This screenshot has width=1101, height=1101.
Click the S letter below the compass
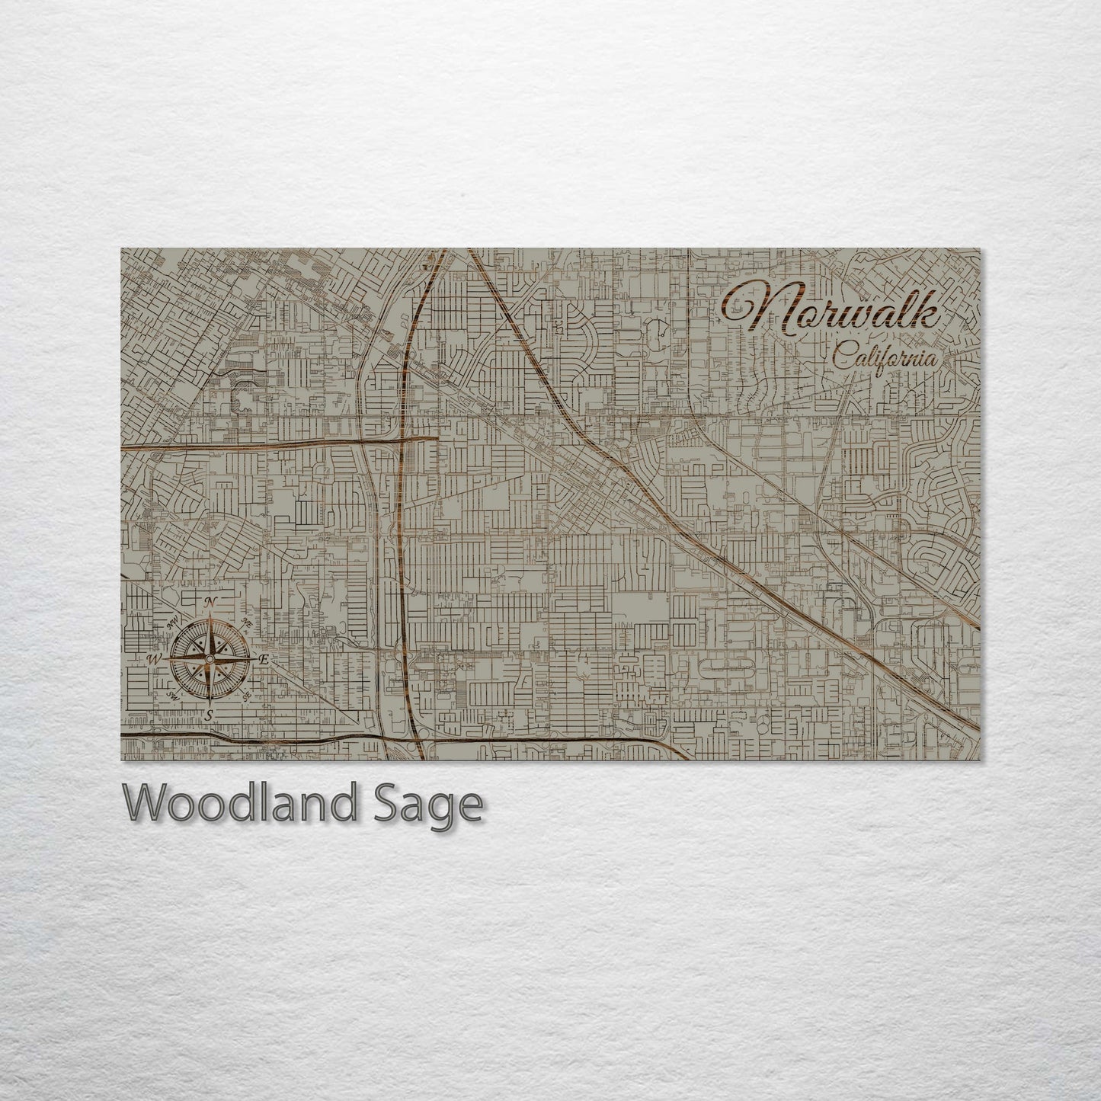click(207, 714)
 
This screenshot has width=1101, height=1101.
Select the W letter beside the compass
click(153, 658)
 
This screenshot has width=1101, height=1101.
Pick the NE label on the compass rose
click(246, 623)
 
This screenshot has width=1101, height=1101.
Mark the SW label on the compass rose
click(173, 696)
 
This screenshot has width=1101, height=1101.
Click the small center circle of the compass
click(209, 658)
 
